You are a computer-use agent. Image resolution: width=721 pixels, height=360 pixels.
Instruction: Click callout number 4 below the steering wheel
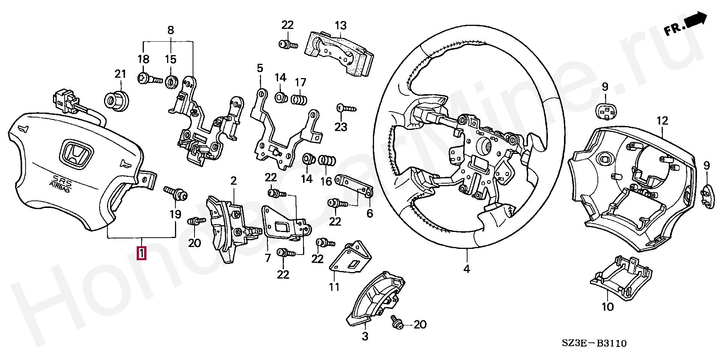(466, 269)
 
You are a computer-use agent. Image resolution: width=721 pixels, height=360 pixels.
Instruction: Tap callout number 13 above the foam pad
(341, 26)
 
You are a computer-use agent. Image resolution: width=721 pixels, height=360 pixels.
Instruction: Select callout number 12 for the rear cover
(662, 121)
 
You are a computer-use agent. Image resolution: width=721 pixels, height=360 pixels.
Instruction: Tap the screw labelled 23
(346, 108)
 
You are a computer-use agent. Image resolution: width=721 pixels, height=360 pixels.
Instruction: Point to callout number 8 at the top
(170, 30)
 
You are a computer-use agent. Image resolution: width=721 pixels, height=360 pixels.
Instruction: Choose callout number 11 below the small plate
(334, 287)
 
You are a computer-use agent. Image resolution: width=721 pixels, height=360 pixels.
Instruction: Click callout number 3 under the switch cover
(365, 336)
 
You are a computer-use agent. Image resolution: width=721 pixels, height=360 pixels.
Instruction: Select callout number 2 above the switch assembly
(234, 181)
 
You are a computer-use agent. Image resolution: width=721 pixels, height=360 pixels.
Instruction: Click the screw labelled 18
(149, 79)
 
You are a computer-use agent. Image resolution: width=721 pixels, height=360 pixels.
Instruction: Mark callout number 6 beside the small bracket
(370, 214)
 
